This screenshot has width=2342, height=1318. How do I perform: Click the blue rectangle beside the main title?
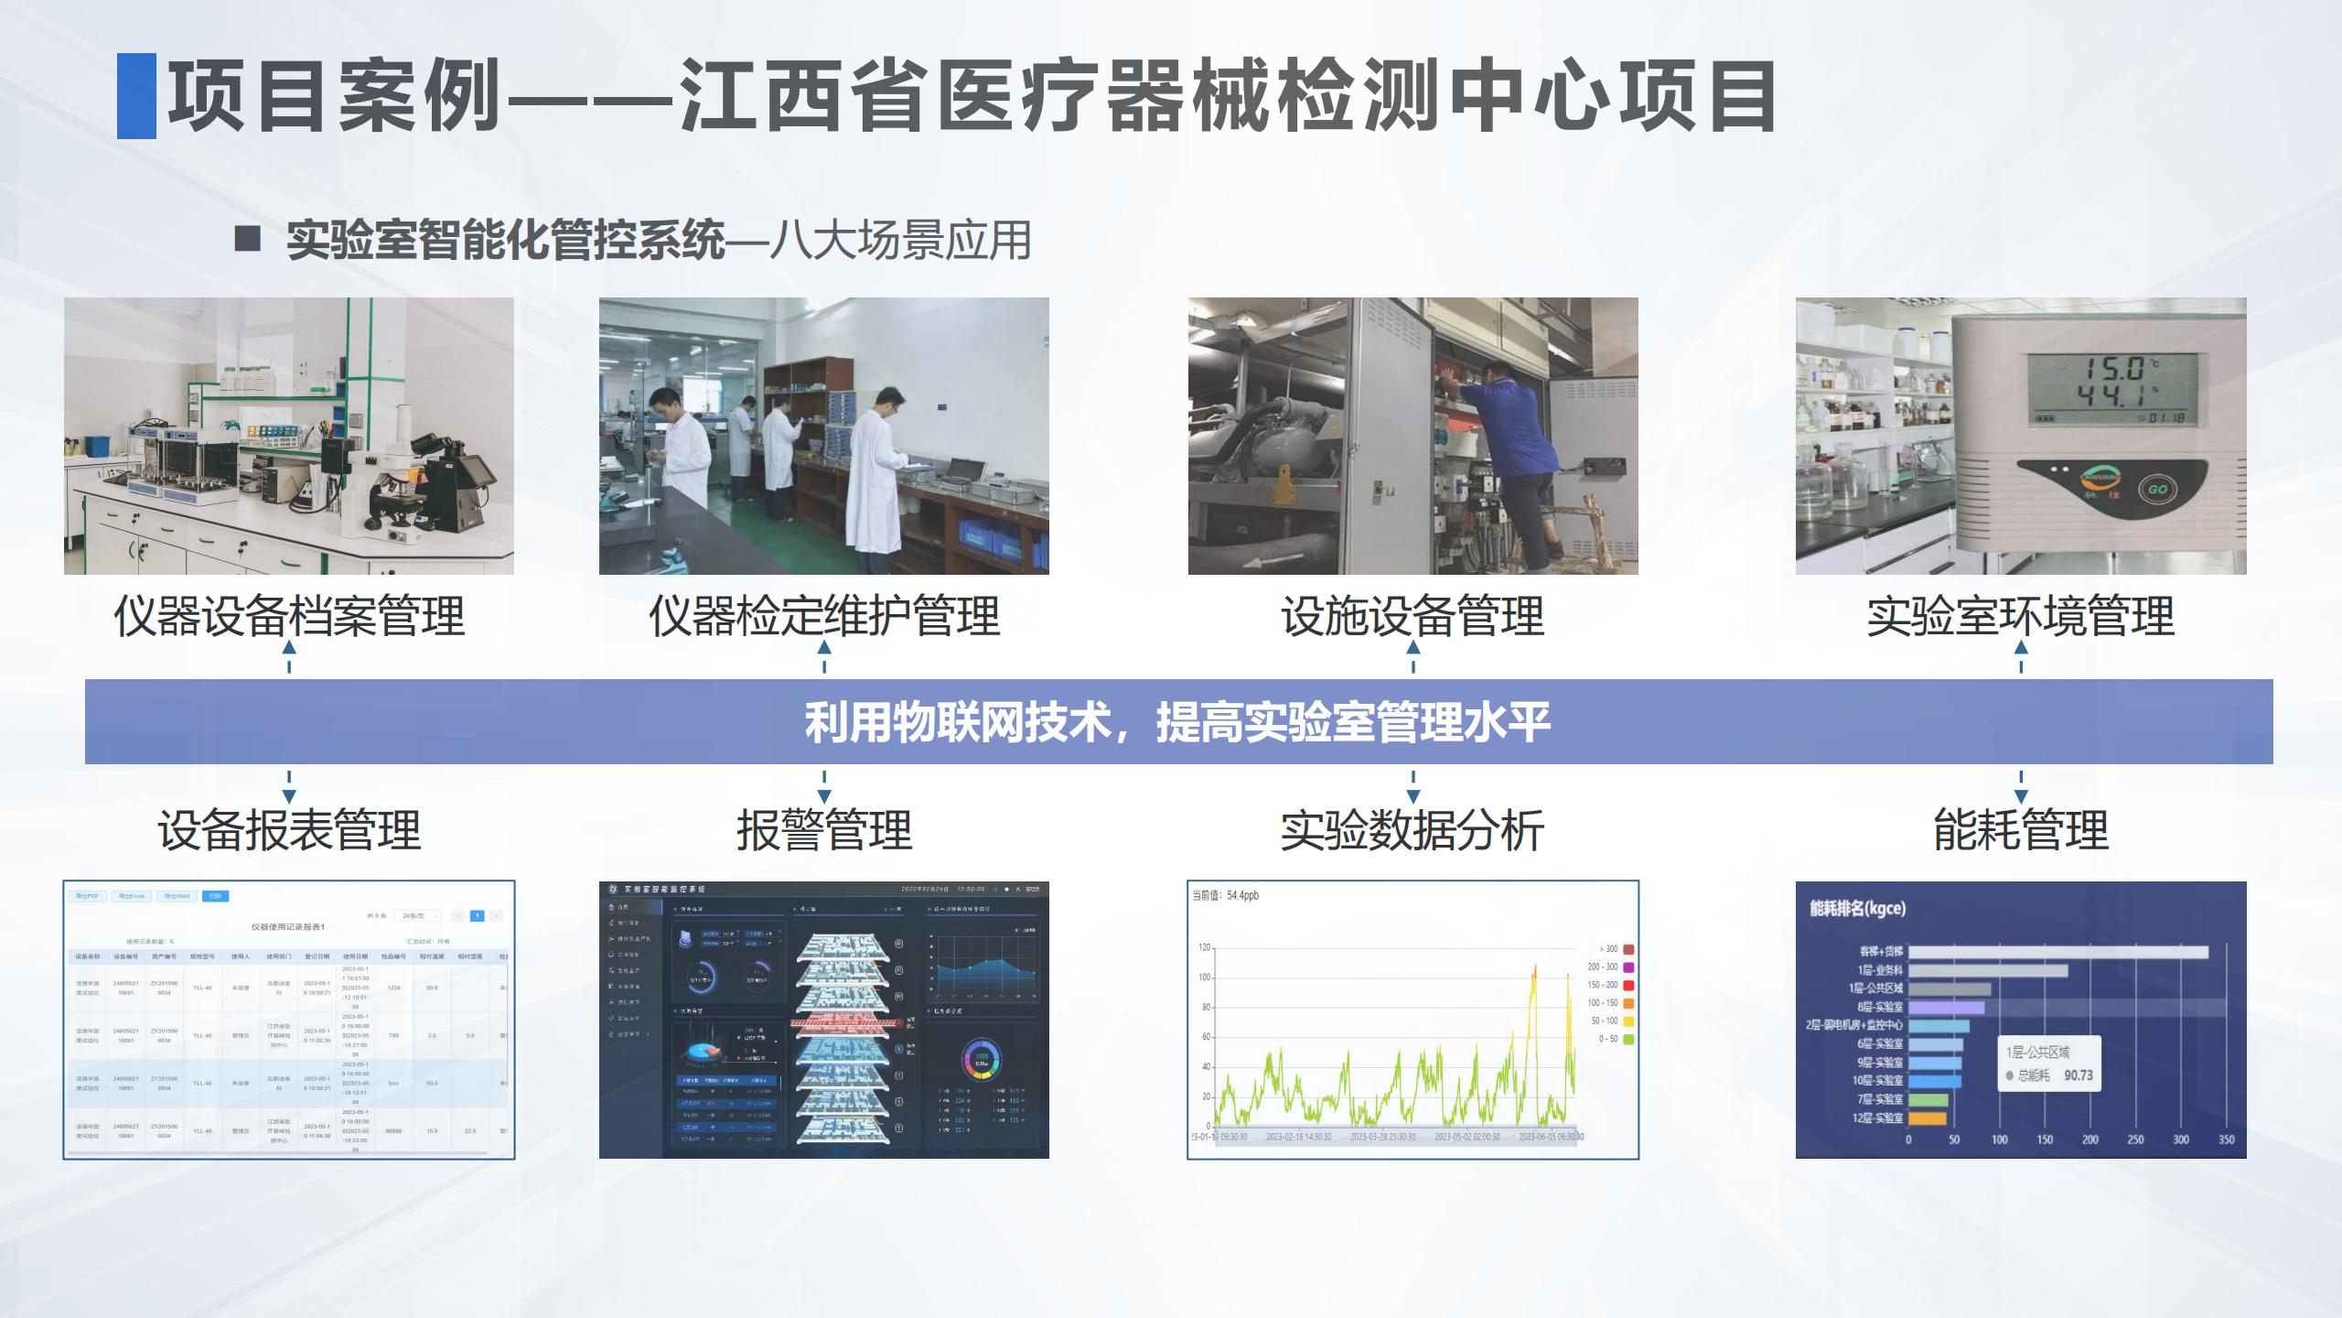pos(136,96)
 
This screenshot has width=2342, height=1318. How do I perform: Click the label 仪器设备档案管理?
pos(289,615)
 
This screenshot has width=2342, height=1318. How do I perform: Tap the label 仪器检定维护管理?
pos(823,615)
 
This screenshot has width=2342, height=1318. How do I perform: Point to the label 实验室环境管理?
pos(2020,615)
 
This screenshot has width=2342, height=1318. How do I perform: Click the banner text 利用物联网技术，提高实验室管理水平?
pos(1177,722)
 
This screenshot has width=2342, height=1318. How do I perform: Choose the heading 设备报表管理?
pos(289,830)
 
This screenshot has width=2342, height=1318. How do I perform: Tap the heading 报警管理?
pos(823,830)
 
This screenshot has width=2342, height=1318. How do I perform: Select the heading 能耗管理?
pos(2020,830)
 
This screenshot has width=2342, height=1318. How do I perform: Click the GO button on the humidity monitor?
pos(2157,489)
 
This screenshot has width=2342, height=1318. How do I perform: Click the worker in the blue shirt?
pos(1514,448)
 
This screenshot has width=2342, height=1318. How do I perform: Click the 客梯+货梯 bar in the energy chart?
pos(2058,952)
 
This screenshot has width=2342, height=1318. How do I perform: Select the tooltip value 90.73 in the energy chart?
pos(2078,1075)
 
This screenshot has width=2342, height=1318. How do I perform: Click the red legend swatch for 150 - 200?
pos(1628,985)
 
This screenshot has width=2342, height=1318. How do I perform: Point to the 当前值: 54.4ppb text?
pos(1225,895)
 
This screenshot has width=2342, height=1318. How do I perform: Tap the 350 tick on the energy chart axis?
pos(2226,1140)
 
